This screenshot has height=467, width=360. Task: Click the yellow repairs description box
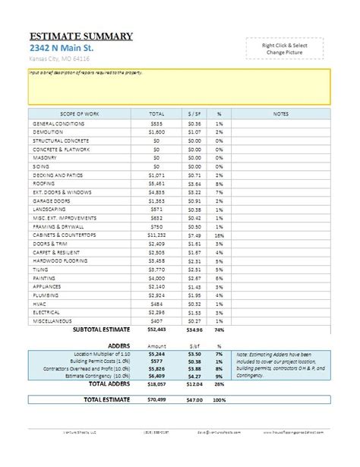pos(179,87)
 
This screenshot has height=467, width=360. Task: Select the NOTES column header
pos(280,114)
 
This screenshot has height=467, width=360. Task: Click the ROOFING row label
pos(44,183)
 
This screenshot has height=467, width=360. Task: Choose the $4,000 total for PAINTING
pos(156,278)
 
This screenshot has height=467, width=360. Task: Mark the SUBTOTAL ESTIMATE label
pos(100,330)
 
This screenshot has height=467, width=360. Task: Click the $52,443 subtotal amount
pos(156,330)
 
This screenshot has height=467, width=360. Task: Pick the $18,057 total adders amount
pos(156,385)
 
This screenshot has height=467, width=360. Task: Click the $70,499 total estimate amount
pos(156,399)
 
